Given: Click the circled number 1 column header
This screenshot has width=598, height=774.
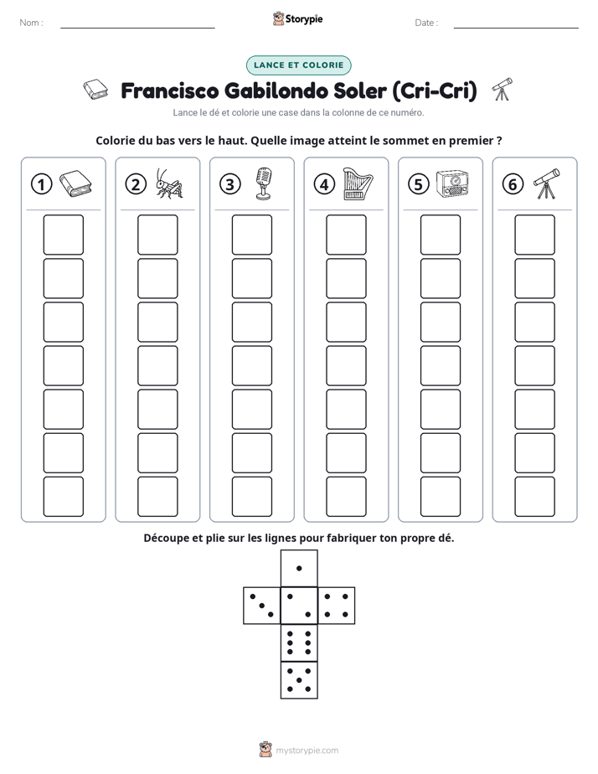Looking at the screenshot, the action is point(41,184).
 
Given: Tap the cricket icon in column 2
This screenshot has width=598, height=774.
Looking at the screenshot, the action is point(169,183).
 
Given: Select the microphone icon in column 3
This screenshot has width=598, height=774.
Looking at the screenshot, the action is point(264,183).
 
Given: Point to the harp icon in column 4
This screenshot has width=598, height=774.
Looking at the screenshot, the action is point(358,183).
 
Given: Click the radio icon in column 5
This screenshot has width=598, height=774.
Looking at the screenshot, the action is point(452,184).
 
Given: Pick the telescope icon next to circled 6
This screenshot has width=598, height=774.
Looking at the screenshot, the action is point(547,183).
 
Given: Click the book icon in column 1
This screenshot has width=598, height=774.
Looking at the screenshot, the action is point(75,183).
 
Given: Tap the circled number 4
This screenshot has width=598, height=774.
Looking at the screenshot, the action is point(324,184).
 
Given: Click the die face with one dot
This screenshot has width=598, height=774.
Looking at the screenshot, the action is point(299,568).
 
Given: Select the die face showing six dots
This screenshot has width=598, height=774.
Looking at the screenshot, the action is point(299,642).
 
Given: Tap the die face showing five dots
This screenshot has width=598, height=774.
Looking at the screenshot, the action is point(299,679).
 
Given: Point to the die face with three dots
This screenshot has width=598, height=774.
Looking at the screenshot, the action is point(262,605).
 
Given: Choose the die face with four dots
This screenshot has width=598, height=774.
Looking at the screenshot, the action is point(337,605).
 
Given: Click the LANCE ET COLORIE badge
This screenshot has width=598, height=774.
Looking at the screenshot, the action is point(298,65).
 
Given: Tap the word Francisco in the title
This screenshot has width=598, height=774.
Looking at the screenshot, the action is point(170,90).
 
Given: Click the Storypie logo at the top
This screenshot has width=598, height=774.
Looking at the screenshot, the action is point(297,19).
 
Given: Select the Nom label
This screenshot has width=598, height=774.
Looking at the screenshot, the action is point(31,23).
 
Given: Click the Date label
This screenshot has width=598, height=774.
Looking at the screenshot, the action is point(426,23).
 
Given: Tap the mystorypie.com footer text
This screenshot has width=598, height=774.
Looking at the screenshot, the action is point(307,751).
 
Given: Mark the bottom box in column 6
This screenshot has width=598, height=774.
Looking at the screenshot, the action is point(534,497).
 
